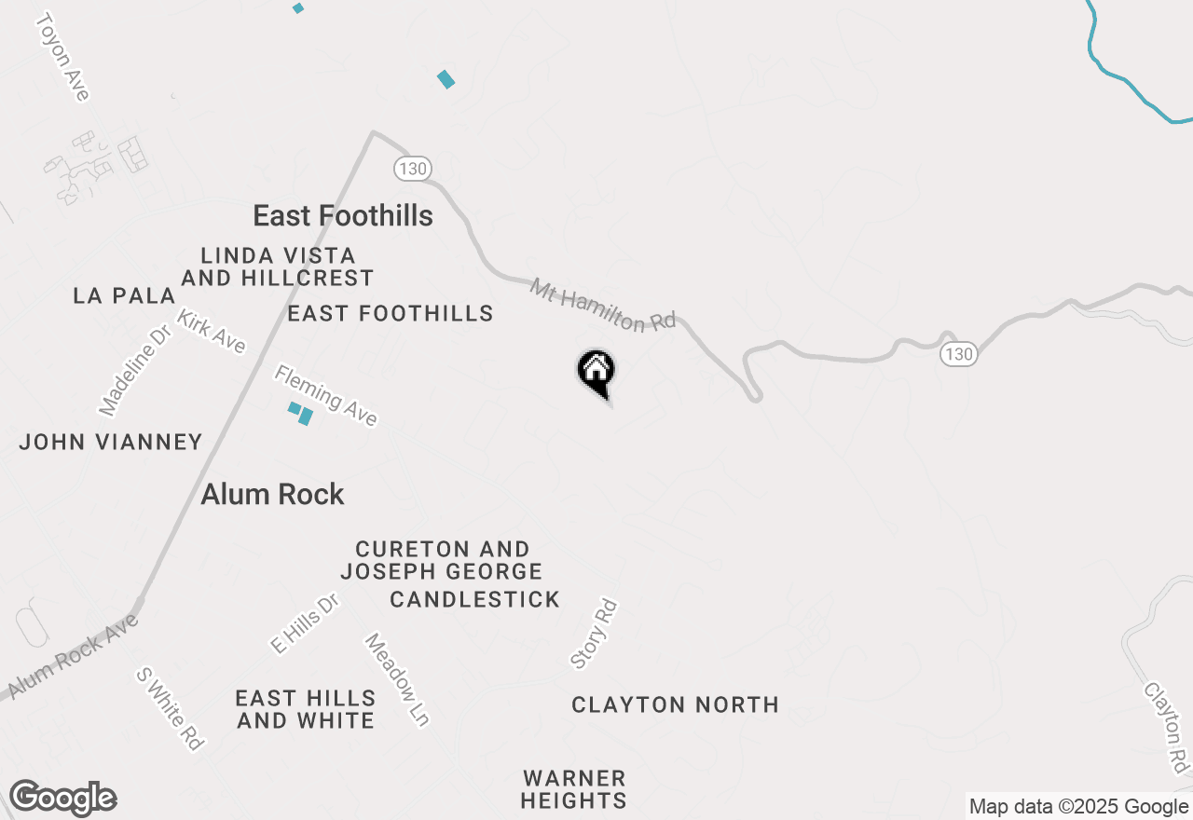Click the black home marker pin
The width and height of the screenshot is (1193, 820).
[596, 373]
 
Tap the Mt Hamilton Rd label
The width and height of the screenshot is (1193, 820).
[603, 305]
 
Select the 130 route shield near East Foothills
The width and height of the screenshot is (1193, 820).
[411, 169]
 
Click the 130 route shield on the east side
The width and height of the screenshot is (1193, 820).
[958, 354]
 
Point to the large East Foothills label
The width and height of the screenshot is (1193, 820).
[343, 215]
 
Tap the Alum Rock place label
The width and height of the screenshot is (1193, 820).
[273, 494]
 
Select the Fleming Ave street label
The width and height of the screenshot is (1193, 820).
[325, 395]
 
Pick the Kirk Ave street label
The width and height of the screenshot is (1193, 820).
[212, 331]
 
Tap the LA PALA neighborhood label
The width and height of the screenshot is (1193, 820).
[124, 296]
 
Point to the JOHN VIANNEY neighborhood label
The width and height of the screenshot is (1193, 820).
[111, 442]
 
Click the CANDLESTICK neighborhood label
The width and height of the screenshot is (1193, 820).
[474, 599]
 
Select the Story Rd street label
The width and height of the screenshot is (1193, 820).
[595, 634]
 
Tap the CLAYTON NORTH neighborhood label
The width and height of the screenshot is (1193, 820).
[675, 704]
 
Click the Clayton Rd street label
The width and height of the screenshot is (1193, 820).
[1167, 727]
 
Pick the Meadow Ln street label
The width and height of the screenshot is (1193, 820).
[397, 679]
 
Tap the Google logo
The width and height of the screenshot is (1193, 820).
[62, 799]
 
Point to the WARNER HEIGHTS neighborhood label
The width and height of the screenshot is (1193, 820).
[573, 789]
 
